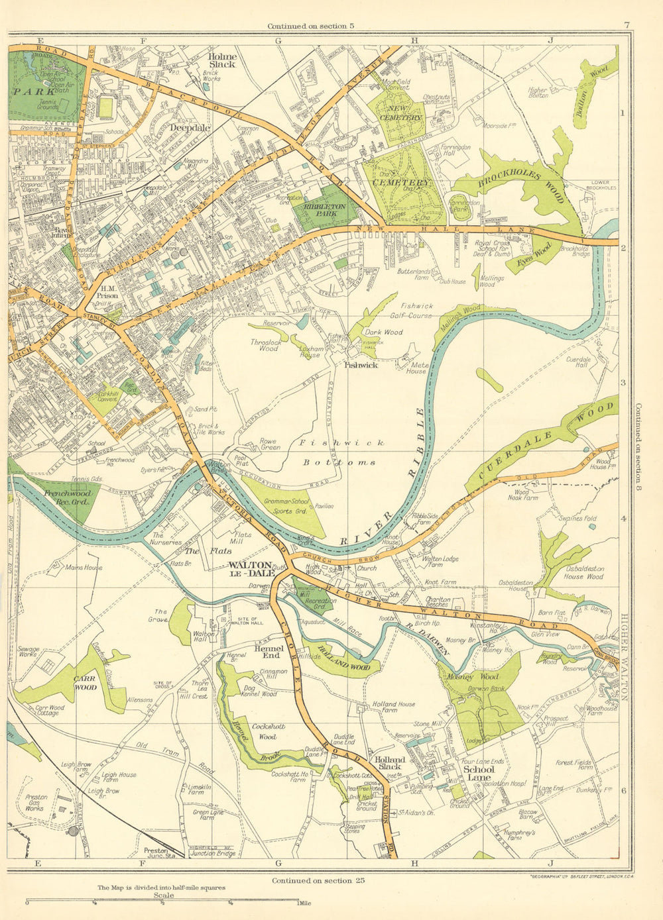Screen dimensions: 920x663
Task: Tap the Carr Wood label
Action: click(86, 683)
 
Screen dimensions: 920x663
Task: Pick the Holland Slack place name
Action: click(390, 764)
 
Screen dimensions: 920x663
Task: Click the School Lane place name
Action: click(479, 774)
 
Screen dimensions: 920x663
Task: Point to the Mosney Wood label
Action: click(481, 677)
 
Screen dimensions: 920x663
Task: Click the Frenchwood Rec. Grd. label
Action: click(57, 497)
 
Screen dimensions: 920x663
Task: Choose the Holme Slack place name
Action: click(222, 60)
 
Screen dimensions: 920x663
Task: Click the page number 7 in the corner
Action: click(626, 26)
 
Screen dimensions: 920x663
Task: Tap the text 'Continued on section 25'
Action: click(318, 880)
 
